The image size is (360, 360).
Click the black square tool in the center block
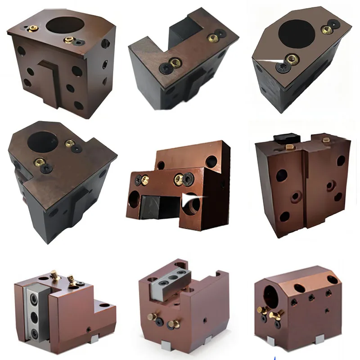(155, 207)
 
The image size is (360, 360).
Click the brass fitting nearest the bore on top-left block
(68, 40)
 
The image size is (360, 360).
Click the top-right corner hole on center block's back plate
(211, 161)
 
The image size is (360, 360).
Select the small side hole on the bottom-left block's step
(90, 329)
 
